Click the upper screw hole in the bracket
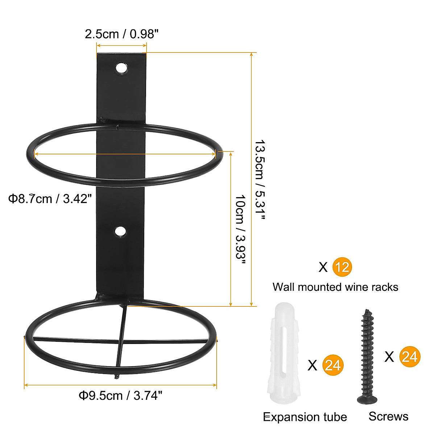[121, 68]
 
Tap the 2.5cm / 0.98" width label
[122, 34]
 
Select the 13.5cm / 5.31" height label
[260, 180]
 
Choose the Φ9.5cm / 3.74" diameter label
[120, 395]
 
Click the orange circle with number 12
[342, 267]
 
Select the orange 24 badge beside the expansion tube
[332, 365]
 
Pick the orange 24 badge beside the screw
[410, 357]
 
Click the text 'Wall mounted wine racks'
[335, 287]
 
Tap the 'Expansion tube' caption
[305, 417]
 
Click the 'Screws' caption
[388, 416]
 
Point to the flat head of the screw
[367, 399]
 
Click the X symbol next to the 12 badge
[323, 268]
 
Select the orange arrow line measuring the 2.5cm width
[121, 45]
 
